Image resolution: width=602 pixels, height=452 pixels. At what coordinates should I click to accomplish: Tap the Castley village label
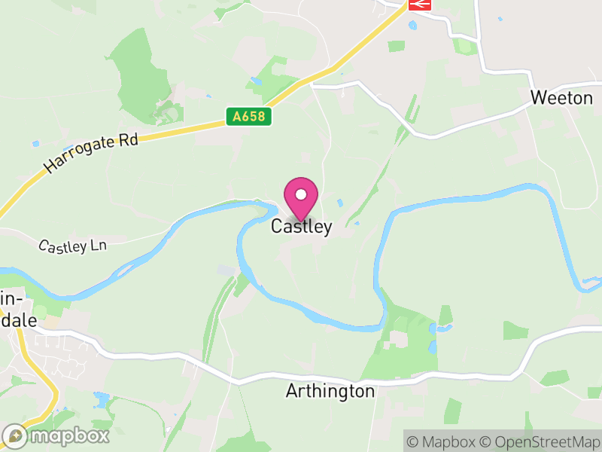(x=301, y=227)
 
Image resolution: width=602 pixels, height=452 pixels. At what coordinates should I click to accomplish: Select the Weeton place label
(x=561, y=98)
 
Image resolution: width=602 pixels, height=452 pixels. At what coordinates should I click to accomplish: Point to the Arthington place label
(x=330, y=392)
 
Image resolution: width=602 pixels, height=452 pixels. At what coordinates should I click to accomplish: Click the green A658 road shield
(x=248, y=117)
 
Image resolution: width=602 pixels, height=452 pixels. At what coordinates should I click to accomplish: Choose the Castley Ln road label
(x=73, y=246)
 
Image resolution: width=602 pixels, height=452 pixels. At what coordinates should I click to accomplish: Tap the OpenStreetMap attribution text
(x=539, y=441)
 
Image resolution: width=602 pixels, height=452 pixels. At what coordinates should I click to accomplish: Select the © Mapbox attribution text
(x=444, y=441)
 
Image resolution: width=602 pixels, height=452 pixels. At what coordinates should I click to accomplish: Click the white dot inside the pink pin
(x=301, y=194)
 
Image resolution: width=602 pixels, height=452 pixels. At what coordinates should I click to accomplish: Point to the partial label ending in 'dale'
(x=18, y=319)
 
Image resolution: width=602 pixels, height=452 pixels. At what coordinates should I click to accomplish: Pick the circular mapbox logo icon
(x=15, y=436)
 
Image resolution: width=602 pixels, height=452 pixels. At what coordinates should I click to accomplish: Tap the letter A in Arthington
(x=292, y=392)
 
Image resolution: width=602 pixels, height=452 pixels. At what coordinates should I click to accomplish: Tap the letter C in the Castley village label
(x=276, y=227)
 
